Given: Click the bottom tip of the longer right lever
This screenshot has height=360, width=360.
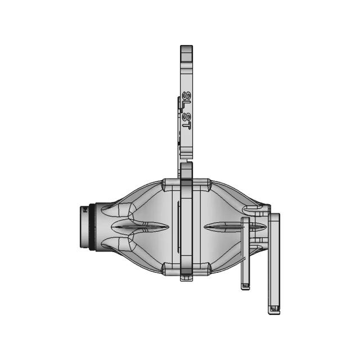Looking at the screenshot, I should [x=274, y=309].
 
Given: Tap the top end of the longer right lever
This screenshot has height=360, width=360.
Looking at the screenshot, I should [x=274, y=217].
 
